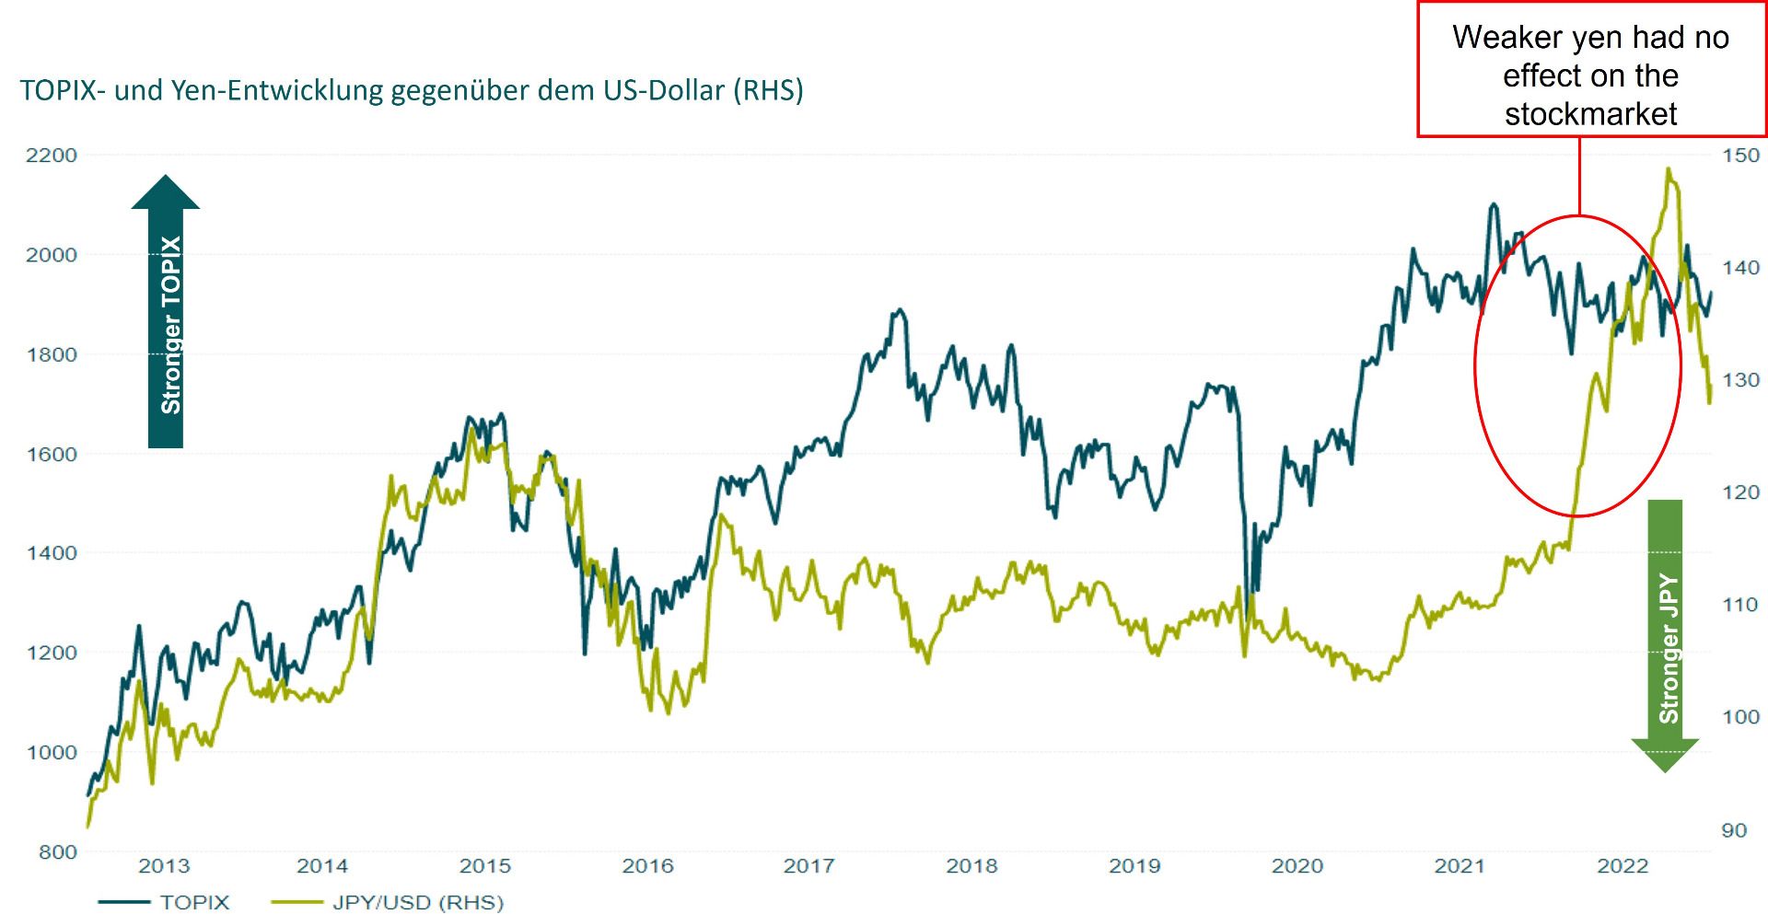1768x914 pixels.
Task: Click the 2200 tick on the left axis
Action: click(51, 155)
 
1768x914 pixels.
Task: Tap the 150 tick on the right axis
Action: click(1740, 155)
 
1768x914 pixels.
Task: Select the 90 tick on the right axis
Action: click(1734, 830)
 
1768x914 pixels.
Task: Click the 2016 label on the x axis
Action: click(647, 866)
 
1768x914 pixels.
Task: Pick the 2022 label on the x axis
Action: click(1623, 866)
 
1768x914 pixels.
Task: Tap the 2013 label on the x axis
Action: click(164, 866)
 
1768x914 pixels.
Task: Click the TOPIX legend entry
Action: click(194, 902)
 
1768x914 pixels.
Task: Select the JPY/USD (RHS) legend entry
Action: click(418, 902)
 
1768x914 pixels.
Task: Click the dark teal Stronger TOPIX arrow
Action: click(166, 313)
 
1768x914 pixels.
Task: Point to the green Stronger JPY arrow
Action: click(1665, 635)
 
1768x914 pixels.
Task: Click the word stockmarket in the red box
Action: click(1591, 114)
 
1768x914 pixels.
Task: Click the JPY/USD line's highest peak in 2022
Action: click(1669, 169)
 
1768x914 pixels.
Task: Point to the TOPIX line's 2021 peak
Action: click(1493, 204)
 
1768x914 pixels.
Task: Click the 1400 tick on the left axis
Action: click(51, 553)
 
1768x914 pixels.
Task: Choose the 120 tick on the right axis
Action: click(1740, 492)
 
